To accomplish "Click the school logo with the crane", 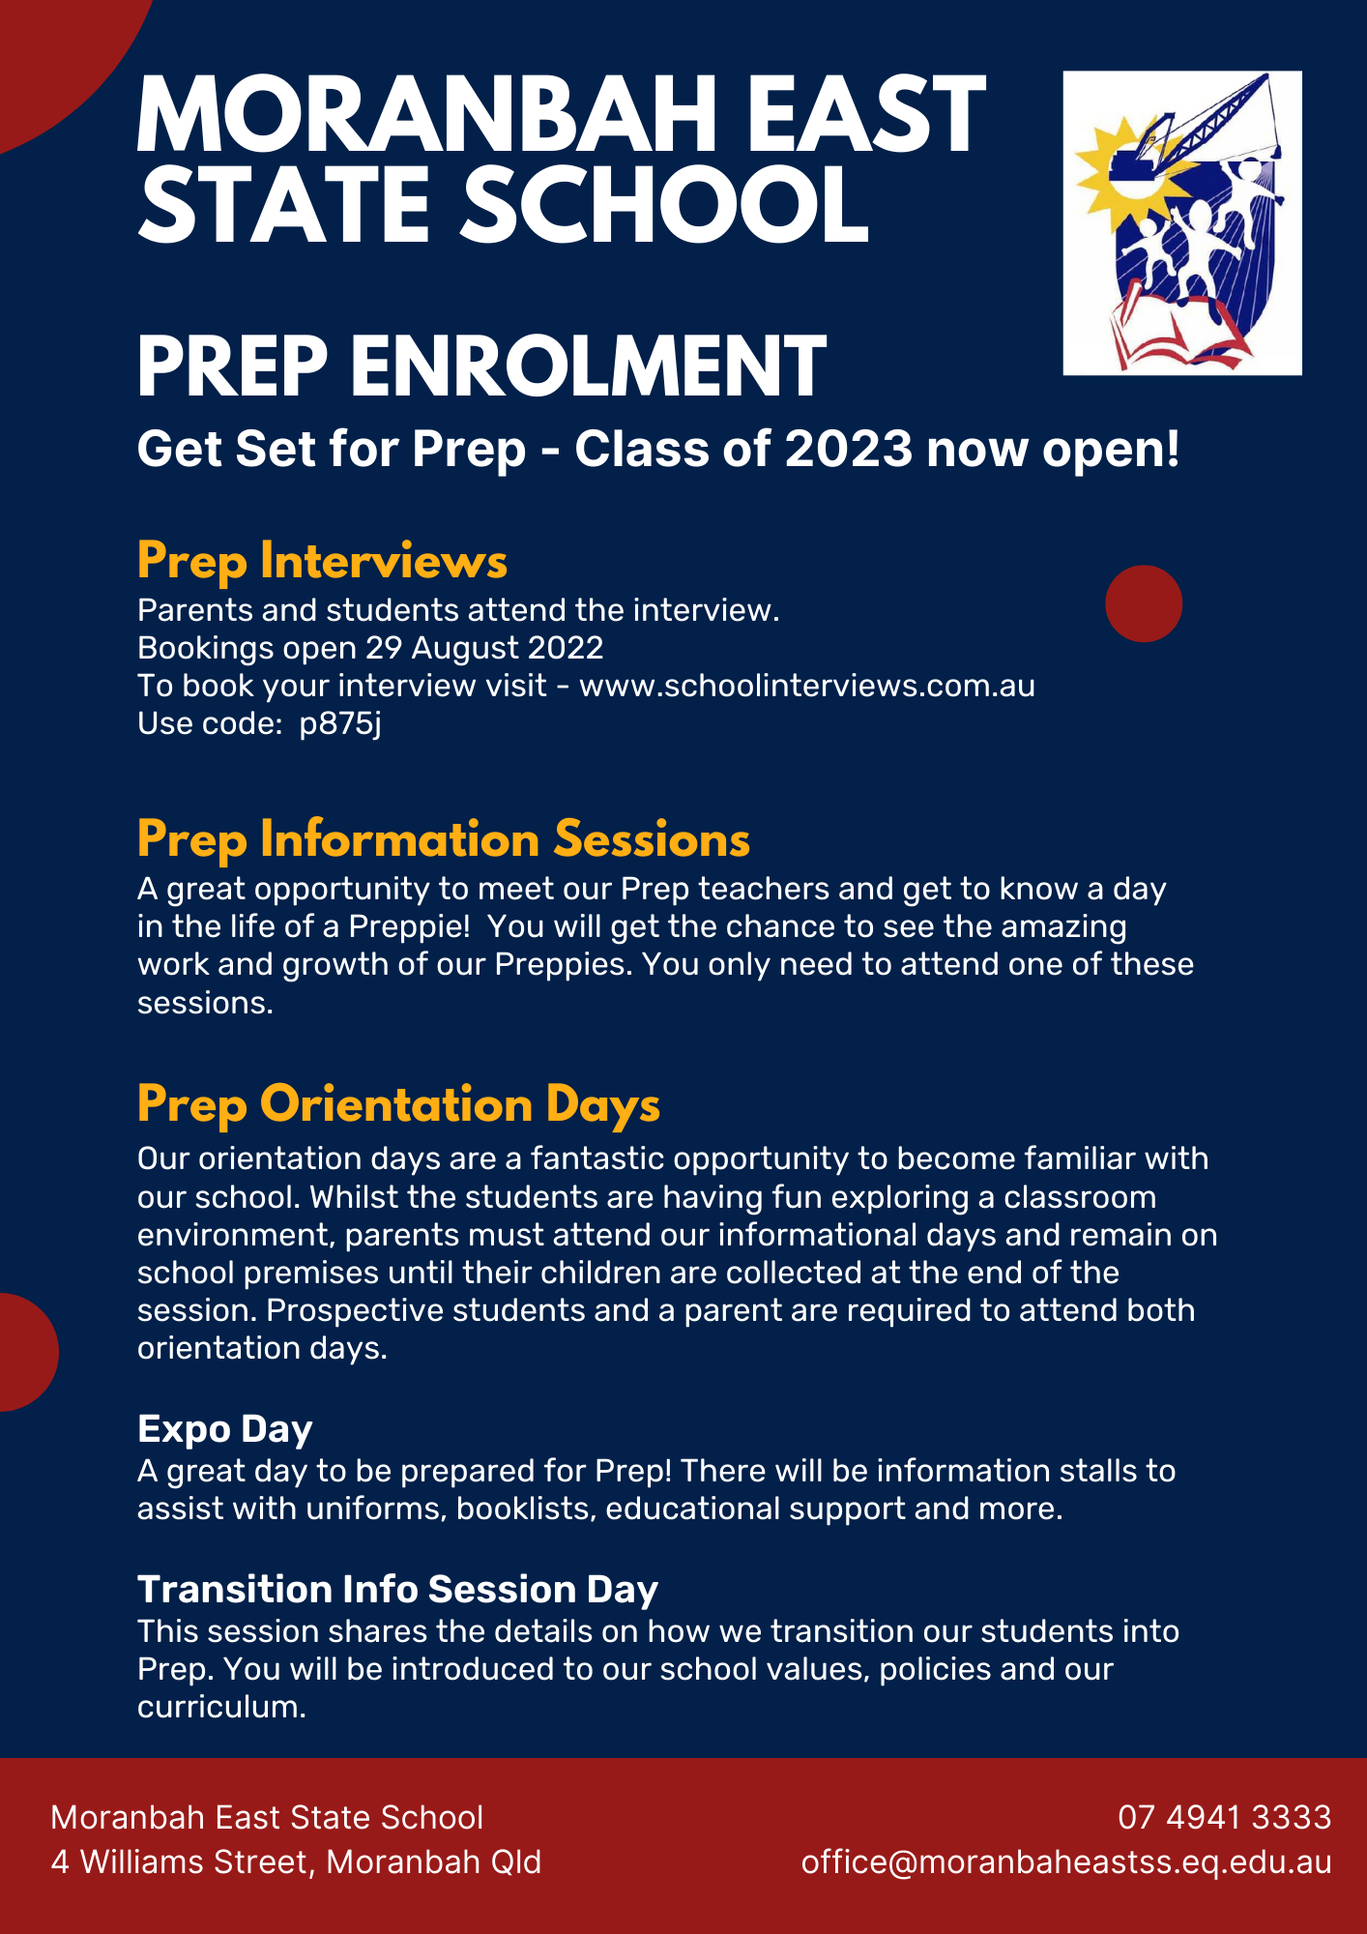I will (1181, 222).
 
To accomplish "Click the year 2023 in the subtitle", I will (848, 449).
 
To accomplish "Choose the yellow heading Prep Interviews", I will (322, 561).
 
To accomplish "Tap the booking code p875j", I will (340, 723).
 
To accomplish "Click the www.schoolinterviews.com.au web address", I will (806, 686).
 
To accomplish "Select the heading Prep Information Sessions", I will (443, 838).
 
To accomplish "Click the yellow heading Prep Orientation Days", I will (398, 1104).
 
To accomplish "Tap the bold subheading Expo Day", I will (225, 1428).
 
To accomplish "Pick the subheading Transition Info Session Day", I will (397, 1589).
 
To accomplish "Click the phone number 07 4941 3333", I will (1224, 1817).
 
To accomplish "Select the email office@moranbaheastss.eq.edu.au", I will (1065, 1861).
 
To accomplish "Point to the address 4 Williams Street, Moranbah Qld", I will (296, 1861).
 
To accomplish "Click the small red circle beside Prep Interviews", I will (1144, 603).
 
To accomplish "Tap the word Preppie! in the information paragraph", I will (409, 926).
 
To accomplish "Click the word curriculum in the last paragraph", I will (221, 1707).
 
